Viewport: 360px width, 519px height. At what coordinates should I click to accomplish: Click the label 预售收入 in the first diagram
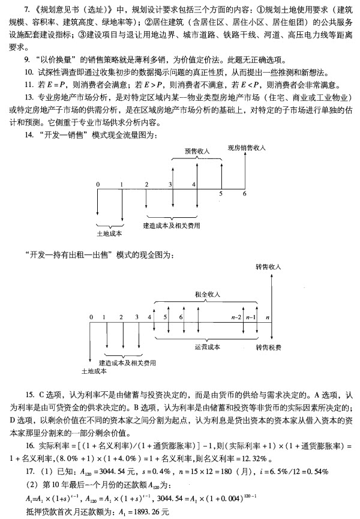[197, 151]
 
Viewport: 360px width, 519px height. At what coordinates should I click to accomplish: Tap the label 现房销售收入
[247, 147]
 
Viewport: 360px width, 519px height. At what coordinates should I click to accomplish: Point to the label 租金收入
[207, 295]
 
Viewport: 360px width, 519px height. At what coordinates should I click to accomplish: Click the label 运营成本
[207, 347]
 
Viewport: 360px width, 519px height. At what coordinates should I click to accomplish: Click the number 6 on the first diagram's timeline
[244, 193]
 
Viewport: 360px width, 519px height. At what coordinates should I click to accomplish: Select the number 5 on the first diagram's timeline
[220, 193]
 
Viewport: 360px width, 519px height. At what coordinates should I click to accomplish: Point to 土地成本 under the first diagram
[109, 233]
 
